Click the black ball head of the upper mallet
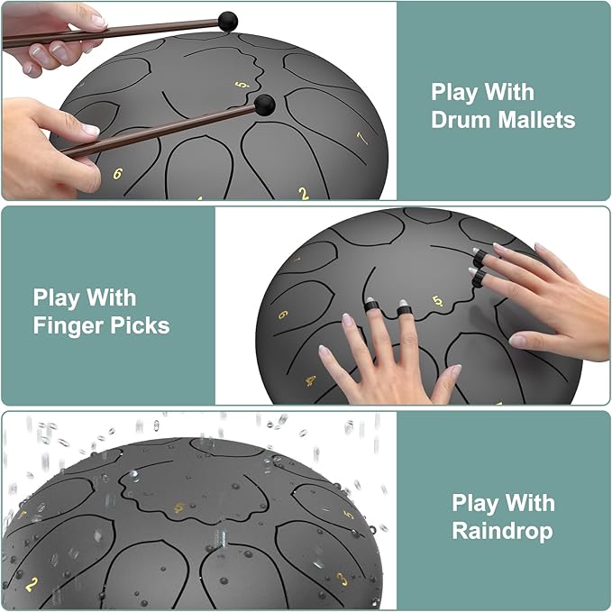227,22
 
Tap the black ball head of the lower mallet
265,105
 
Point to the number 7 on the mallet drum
362,138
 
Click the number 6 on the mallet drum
117,174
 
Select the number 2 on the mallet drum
304,194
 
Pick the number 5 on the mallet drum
242,85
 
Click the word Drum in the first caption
461,119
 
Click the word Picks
140,325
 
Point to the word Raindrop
503,531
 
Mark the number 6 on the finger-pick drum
283,315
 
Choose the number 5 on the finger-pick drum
438,301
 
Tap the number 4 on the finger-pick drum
311,380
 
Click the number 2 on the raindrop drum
32,584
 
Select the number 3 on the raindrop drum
342,580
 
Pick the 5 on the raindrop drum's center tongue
179,507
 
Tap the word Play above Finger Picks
59,297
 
